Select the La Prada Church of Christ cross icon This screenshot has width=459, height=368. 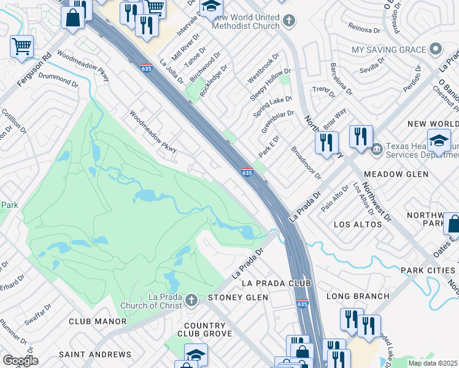(191, 301)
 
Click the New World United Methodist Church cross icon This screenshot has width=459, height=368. (289, 22)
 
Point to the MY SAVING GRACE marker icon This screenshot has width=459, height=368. (436, 49)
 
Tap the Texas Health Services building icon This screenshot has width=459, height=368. (376, 148)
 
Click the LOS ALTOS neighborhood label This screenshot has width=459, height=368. (358, 224)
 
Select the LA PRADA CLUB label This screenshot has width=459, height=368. (277, 283)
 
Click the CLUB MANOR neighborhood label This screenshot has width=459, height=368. (98, 321)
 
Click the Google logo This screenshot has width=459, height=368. (20, 361)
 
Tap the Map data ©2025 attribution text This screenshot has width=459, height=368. (433, 363)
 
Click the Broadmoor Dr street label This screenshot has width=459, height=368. (306, 163)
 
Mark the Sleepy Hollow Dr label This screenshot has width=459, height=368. (270, 85)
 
